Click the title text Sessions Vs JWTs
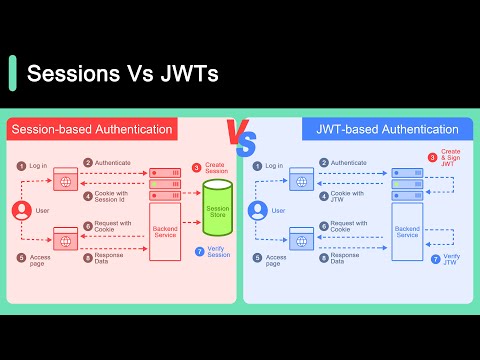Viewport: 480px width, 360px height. tap(123, 74)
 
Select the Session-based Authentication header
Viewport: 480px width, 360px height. tap(92, 129)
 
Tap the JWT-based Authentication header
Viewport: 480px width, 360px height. tap(387, 129)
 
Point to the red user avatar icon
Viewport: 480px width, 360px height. tap(19, 211)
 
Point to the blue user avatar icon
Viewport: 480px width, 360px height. tap(257, 211)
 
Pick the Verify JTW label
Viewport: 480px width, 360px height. tap(451, 259)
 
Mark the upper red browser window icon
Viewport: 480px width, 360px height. tap(65, 181)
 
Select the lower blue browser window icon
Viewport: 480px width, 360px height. tap(301, 239)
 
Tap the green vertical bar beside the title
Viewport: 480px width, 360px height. tap(12, 73)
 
